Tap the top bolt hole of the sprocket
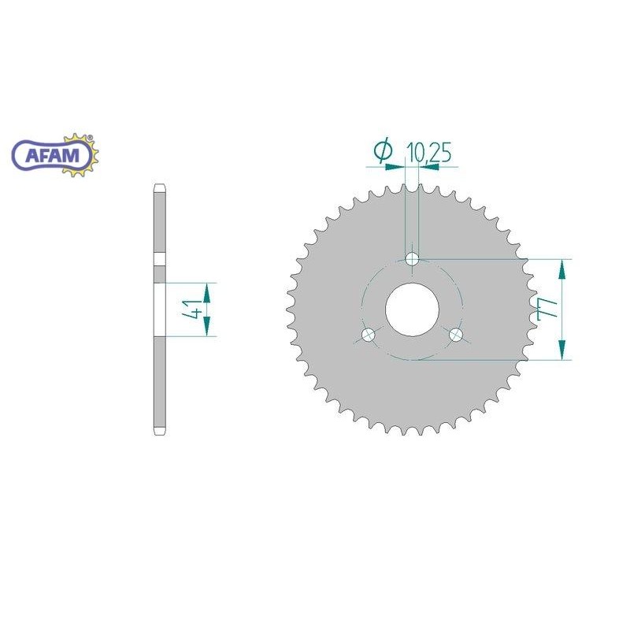click(x=412, y=258)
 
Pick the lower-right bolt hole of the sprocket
click(x=456, y=335)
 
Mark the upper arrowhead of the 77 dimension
click(x=561, y=268)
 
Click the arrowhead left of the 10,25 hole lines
click(x=396, y=166)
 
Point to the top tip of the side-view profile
click(x=158, y=187)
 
